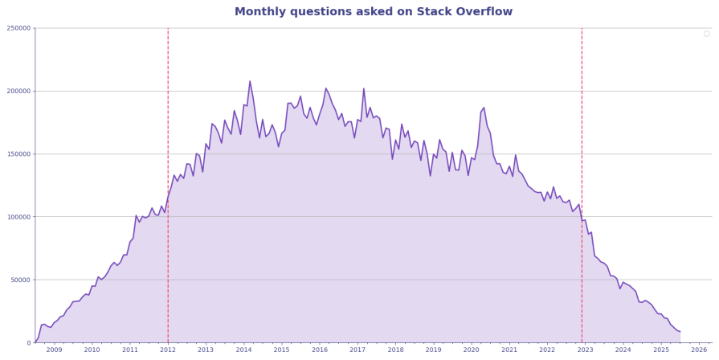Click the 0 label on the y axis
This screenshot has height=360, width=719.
tap(27, 343)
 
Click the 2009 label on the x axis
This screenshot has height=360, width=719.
tap(54, 350)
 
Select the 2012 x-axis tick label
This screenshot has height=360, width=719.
tap(168, 350)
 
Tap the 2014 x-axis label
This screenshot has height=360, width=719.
tap(243, 350)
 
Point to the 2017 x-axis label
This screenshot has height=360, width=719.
tap(357, 350)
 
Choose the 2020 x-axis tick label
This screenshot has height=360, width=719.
tap(472, 350)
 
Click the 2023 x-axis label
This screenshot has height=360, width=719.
tap(586, 350)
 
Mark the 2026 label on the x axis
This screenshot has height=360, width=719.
tap(699, 350)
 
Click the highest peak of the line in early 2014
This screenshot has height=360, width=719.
tap(250, 81)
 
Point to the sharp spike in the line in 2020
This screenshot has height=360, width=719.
tap(484, 108)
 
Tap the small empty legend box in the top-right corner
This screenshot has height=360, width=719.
tap(706, 34)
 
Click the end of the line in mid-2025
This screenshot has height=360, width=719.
tap(680, 332)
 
